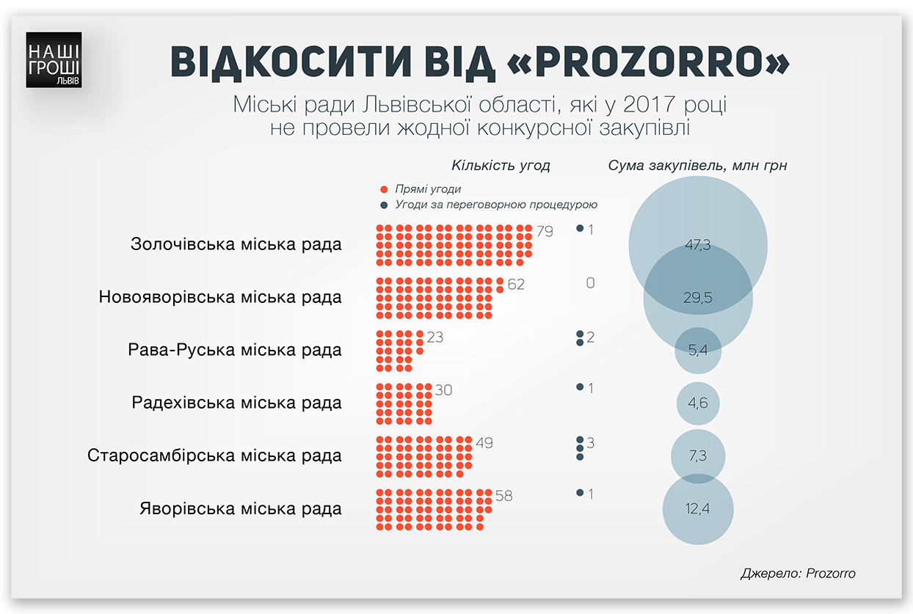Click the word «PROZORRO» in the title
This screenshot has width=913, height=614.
point(648,62)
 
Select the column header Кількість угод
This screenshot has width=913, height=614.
point(501,166)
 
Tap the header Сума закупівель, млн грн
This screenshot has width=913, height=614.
point(697,166)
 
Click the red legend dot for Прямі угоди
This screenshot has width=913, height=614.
point(383,190)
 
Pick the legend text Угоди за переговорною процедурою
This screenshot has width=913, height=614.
point(495,205)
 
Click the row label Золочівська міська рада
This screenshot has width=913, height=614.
point(236,244)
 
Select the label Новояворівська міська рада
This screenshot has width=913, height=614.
point(220,297)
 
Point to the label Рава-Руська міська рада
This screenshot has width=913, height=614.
point(235,350)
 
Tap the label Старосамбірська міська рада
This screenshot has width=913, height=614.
point(214,456)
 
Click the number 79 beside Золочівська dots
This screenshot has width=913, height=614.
point(545,232)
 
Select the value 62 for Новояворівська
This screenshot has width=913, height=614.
point(516,285)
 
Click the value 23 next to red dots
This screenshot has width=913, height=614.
point(435,337)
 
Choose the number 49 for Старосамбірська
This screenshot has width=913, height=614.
point(484,443)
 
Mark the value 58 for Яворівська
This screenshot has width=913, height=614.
point(503,496)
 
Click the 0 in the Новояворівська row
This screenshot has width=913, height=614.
point(590,283)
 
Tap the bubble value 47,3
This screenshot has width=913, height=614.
point(697,245)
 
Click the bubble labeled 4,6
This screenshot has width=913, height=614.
point(697,403)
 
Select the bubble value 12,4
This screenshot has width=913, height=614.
point(697,508)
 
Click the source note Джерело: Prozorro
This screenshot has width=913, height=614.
point(799,573)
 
